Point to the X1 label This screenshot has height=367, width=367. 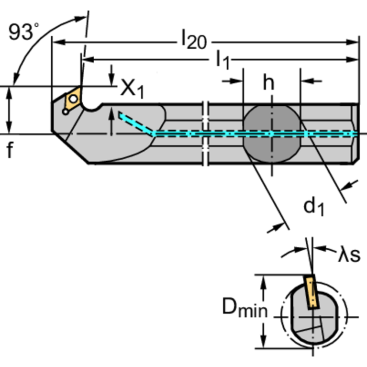point(132,88)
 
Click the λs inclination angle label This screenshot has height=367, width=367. point(349,255)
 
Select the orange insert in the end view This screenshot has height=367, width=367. point(311,292)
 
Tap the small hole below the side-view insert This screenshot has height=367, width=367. point(65,112)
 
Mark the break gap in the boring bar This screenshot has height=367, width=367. point(206,134)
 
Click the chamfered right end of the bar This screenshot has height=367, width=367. point(356,134)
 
